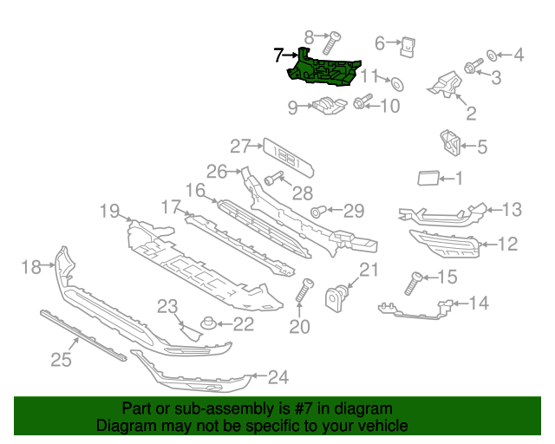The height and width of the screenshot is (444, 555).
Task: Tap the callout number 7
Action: pos(278,55)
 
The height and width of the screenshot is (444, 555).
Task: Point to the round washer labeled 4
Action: pos(491,55)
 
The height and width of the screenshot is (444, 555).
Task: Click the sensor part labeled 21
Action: pos(336,299)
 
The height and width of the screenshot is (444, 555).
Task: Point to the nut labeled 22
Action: pos(208,325)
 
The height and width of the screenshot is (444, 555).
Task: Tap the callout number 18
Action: pos(30,267)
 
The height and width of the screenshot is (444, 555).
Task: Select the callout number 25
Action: pos(60,358)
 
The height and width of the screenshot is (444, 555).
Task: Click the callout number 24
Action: pos(277,377)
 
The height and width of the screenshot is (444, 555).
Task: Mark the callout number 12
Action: pos(507,245)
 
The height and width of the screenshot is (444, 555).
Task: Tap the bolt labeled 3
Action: pos(473,67)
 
